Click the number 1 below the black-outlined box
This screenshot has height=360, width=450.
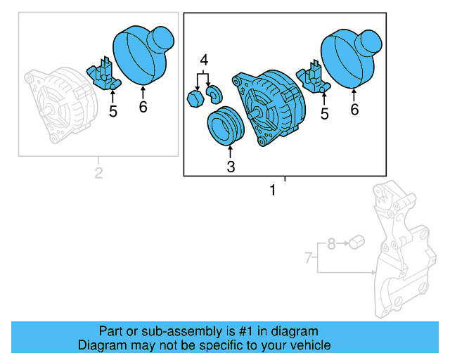point(272,191)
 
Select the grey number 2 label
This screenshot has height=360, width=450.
point(98,173)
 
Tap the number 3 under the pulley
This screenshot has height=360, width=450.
point(231,167)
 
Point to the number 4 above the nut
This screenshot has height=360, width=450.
point(204,60)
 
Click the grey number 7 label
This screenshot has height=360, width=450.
point(308,258)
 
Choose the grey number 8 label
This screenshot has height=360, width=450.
point(331,245)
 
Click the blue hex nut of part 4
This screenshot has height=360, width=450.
point(195,99)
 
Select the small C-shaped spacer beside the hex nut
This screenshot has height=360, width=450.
point(213,94)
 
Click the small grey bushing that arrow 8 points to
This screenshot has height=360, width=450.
point(356,243)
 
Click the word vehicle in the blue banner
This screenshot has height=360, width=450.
point(304,345)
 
